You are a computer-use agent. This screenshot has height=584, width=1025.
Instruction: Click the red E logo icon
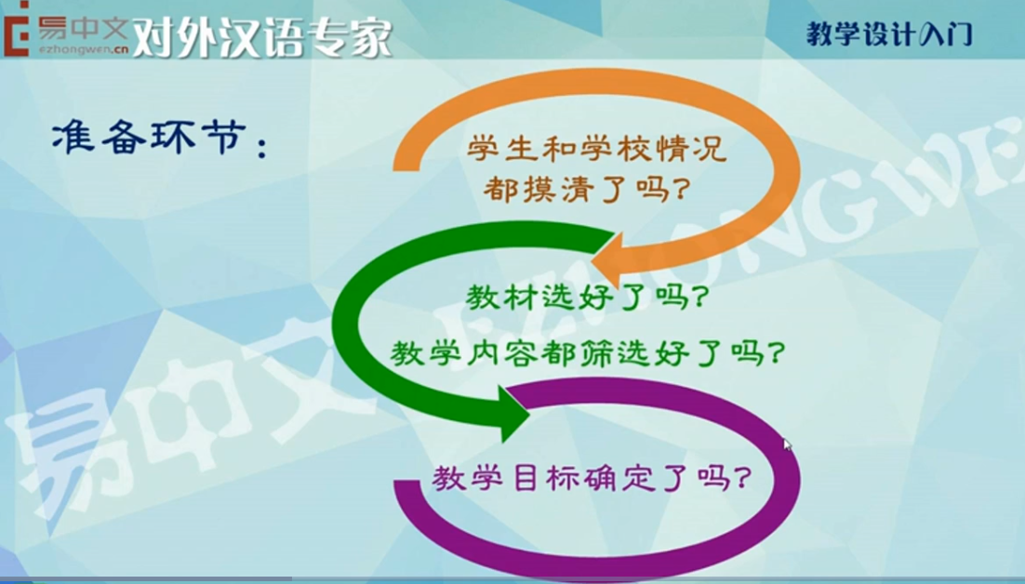[x=16, y=29]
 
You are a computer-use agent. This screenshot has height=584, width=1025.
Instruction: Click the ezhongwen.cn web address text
[x=84, y=49]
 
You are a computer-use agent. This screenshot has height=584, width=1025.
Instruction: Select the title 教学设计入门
[x=890, y=34]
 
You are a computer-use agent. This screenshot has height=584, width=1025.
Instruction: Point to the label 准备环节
[x=150, y=137]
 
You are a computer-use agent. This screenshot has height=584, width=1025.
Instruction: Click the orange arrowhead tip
[x=592, y=264]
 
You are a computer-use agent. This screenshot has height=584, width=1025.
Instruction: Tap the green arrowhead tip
[x=529, y=413]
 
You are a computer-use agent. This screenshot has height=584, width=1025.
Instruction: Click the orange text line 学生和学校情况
[x=597, y=148]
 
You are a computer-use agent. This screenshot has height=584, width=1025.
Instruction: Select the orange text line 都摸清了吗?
[x=586, y=189]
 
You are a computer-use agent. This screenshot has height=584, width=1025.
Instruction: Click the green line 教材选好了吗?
[x=587, y=298]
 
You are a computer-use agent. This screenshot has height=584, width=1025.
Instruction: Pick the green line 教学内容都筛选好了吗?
[x=587, y=353]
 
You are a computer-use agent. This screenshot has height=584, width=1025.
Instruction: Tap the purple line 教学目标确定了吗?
[x=591, y=478]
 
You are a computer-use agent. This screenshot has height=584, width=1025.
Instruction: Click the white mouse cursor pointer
[x=787, y=445]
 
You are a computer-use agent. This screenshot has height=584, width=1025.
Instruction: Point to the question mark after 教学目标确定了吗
[x=742, y=479]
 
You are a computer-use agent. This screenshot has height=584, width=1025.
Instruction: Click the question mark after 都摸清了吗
[x=681, y=190]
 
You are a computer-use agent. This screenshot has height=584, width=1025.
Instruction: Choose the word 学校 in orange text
[x=616, y=148]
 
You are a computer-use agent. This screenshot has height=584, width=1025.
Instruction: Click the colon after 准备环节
[x=263, y=144]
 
